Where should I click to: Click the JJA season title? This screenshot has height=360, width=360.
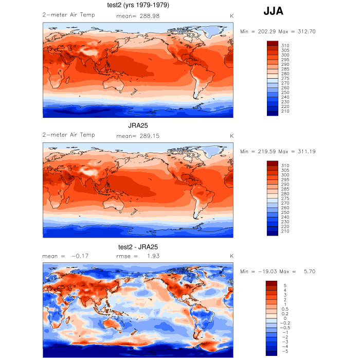coord(273,11)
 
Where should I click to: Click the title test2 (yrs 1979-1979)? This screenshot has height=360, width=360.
coord(138,5)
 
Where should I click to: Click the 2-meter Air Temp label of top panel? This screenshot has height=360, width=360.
coord(68,15)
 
